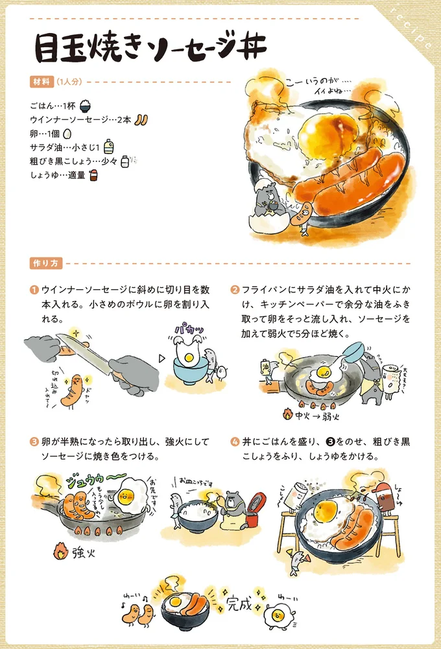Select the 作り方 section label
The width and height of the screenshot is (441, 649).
[45, 263]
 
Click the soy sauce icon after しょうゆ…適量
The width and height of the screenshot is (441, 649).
[93, 175]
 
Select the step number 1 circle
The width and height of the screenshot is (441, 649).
[33, 290]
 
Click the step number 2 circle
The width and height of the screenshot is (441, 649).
[235, 290]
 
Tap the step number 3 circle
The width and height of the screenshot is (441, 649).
[33, 442]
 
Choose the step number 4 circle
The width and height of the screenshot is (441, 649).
[235, 442]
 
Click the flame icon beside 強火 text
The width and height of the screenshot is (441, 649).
[60, 552]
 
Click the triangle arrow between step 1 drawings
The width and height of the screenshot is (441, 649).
[163, 357]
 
